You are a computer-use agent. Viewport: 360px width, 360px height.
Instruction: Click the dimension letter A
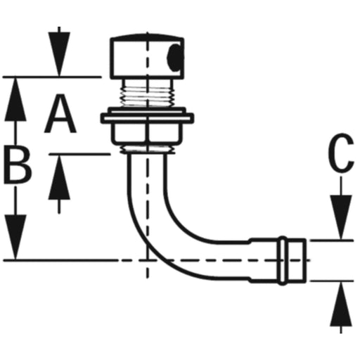coord(60,114)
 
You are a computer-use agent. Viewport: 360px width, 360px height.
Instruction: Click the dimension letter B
coord(18,165)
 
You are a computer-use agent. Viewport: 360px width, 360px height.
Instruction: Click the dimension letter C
coord(341,153)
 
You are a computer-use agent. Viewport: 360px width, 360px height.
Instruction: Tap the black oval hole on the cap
coord(174,58)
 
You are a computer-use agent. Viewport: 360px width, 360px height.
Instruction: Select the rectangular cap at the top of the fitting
coord(147,57)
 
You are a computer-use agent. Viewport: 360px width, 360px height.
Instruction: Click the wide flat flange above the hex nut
coord(147,118)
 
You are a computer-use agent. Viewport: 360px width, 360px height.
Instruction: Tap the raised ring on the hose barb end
coord(283,260)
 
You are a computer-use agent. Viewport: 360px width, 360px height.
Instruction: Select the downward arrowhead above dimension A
coord(59,54)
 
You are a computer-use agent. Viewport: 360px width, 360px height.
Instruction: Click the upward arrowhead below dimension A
coord(59,178)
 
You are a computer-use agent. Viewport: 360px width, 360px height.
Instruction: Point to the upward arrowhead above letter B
coord(15,100)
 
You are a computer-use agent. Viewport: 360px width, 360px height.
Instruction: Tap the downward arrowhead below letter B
coord(15,237)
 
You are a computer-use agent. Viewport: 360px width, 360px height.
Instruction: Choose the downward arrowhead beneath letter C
coord(341,217)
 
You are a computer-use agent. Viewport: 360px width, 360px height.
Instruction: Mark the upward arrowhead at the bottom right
coord(341,304)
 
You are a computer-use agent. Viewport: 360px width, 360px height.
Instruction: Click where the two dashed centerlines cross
coord(147,260)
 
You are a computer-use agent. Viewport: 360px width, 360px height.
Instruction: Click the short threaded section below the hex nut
coord(148,149)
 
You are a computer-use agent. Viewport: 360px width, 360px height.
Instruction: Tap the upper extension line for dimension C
coord(332,240)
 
